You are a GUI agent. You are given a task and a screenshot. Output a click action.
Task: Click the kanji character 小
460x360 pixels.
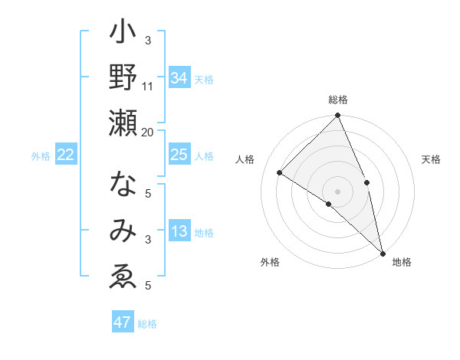[x=123, y=34]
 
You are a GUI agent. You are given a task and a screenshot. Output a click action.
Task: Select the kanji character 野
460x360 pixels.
[x=123, y=79]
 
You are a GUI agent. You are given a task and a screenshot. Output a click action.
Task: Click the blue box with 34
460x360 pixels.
[x=179, y=78]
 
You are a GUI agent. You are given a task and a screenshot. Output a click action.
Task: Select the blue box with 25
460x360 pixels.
[x=179, y=155]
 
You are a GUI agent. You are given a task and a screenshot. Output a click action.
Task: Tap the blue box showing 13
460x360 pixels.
[x=179, y=232]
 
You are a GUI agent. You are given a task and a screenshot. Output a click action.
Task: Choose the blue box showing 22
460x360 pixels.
[x=66, y=155]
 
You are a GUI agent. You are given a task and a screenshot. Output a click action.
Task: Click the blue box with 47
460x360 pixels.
[x=123, y=322]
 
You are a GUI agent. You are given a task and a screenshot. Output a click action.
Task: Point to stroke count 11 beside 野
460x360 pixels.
[x=148, y=86]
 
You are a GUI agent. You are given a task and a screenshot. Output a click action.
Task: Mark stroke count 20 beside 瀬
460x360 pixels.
[x=148, y=132]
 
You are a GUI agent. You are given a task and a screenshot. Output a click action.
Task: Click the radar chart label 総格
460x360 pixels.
[x=338, y=100]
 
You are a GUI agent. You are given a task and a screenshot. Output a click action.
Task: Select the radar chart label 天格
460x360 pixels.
[x=431, y=159]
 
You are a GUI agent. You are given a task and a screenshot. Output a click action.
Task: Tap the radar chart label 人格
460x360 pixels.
[x=245, y=159]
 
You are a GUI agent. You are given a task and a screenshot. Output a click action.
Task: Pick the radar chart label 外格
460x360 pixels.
[x=269, y=263]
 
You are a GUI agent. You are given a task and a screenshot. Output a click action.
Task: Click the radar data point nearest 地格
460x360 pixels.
[x=383, y=252]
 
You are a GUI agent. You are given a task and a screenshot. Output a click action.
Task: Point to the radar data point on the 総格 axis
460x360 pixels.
[x=338, y=116]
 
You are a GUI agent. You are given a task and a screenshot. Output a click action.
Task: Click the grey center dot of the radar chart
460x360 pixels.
[x=338, y=191]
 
